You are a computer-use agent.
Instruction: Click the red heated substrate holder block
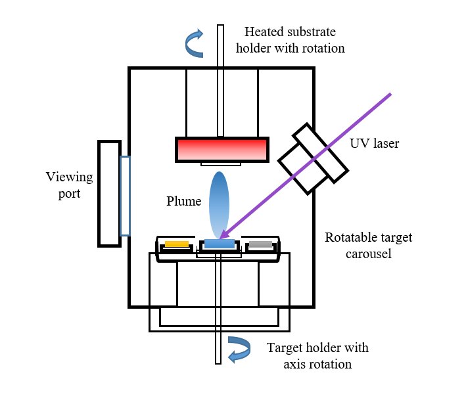[x=222, y=149]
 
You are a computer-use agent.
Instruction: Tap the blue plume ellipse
[x=220, y=200]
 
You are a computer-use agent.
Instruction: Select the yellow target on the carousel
[x=176, y=244]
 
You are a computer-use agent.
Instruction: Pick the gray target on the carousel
[x=260, y=245]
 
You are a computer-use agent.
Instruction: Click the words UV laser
[x=375, y=143]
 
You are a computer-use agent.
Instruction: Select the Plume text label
[x=183, y=202]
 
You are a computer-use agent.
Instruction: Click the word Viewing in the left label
[x=69, y=177]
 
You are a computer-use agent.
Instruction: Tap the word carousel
[x=369, y=253]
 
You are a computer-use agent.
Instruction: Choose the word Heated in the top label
[x=262, y=32]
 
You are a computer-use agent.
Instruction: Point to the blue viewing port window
[x=125, y=196]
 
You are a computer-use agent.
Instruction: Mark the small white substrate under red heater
[x=221, y=163]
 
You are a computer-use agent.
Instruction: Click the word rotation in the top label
[x=322, y=48]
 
